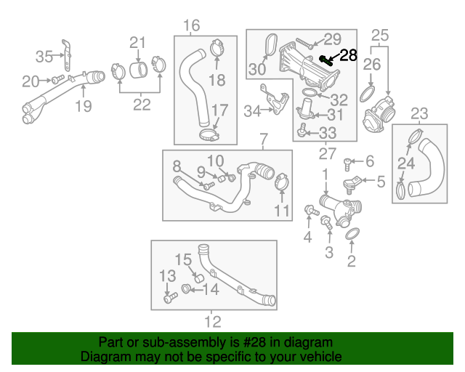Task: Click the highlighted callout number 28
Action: tap(349, 55)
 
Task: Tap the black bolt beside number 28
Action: tap(327, 60)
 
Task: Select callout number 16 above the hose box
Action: tap(191, 27)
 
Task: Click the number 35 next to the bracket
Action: tap(45, 55)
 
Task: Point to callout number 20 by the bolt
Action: tap(30, 81)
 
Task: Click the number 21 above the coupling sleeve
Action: tap(138, 42)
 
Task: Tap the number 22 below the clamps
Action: tap(142, 105)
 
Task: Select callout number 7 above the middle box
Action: tap(263, 139)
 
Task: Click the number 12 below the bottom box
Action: tap(212, 321)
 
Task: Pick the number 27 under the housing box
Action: tap(328, 153)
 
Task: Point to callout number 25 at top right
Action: tap(380, 34)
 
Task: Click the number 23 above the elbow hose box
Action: tap(419, 113)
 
